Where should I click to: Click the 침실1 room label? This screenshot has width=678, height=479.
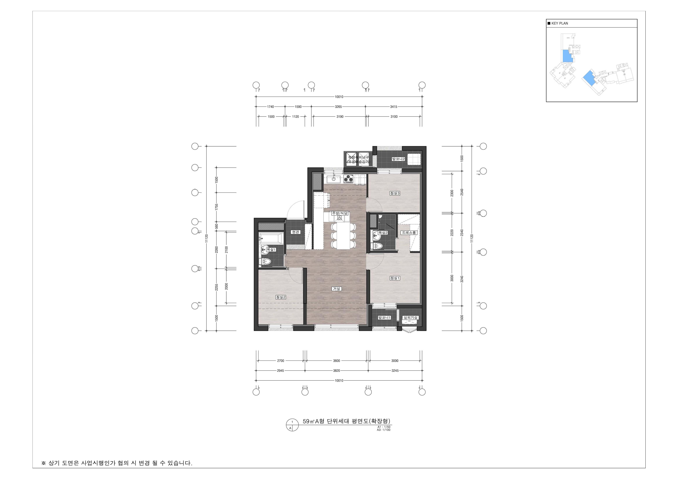point(395,278)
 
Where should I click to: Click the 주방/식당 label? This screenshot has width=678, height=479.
point(340,213)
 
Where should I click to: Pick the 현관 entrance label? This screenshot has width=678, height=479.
point(296,232)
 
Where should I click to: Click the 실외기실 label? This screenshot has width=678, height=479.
point(411,318)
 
